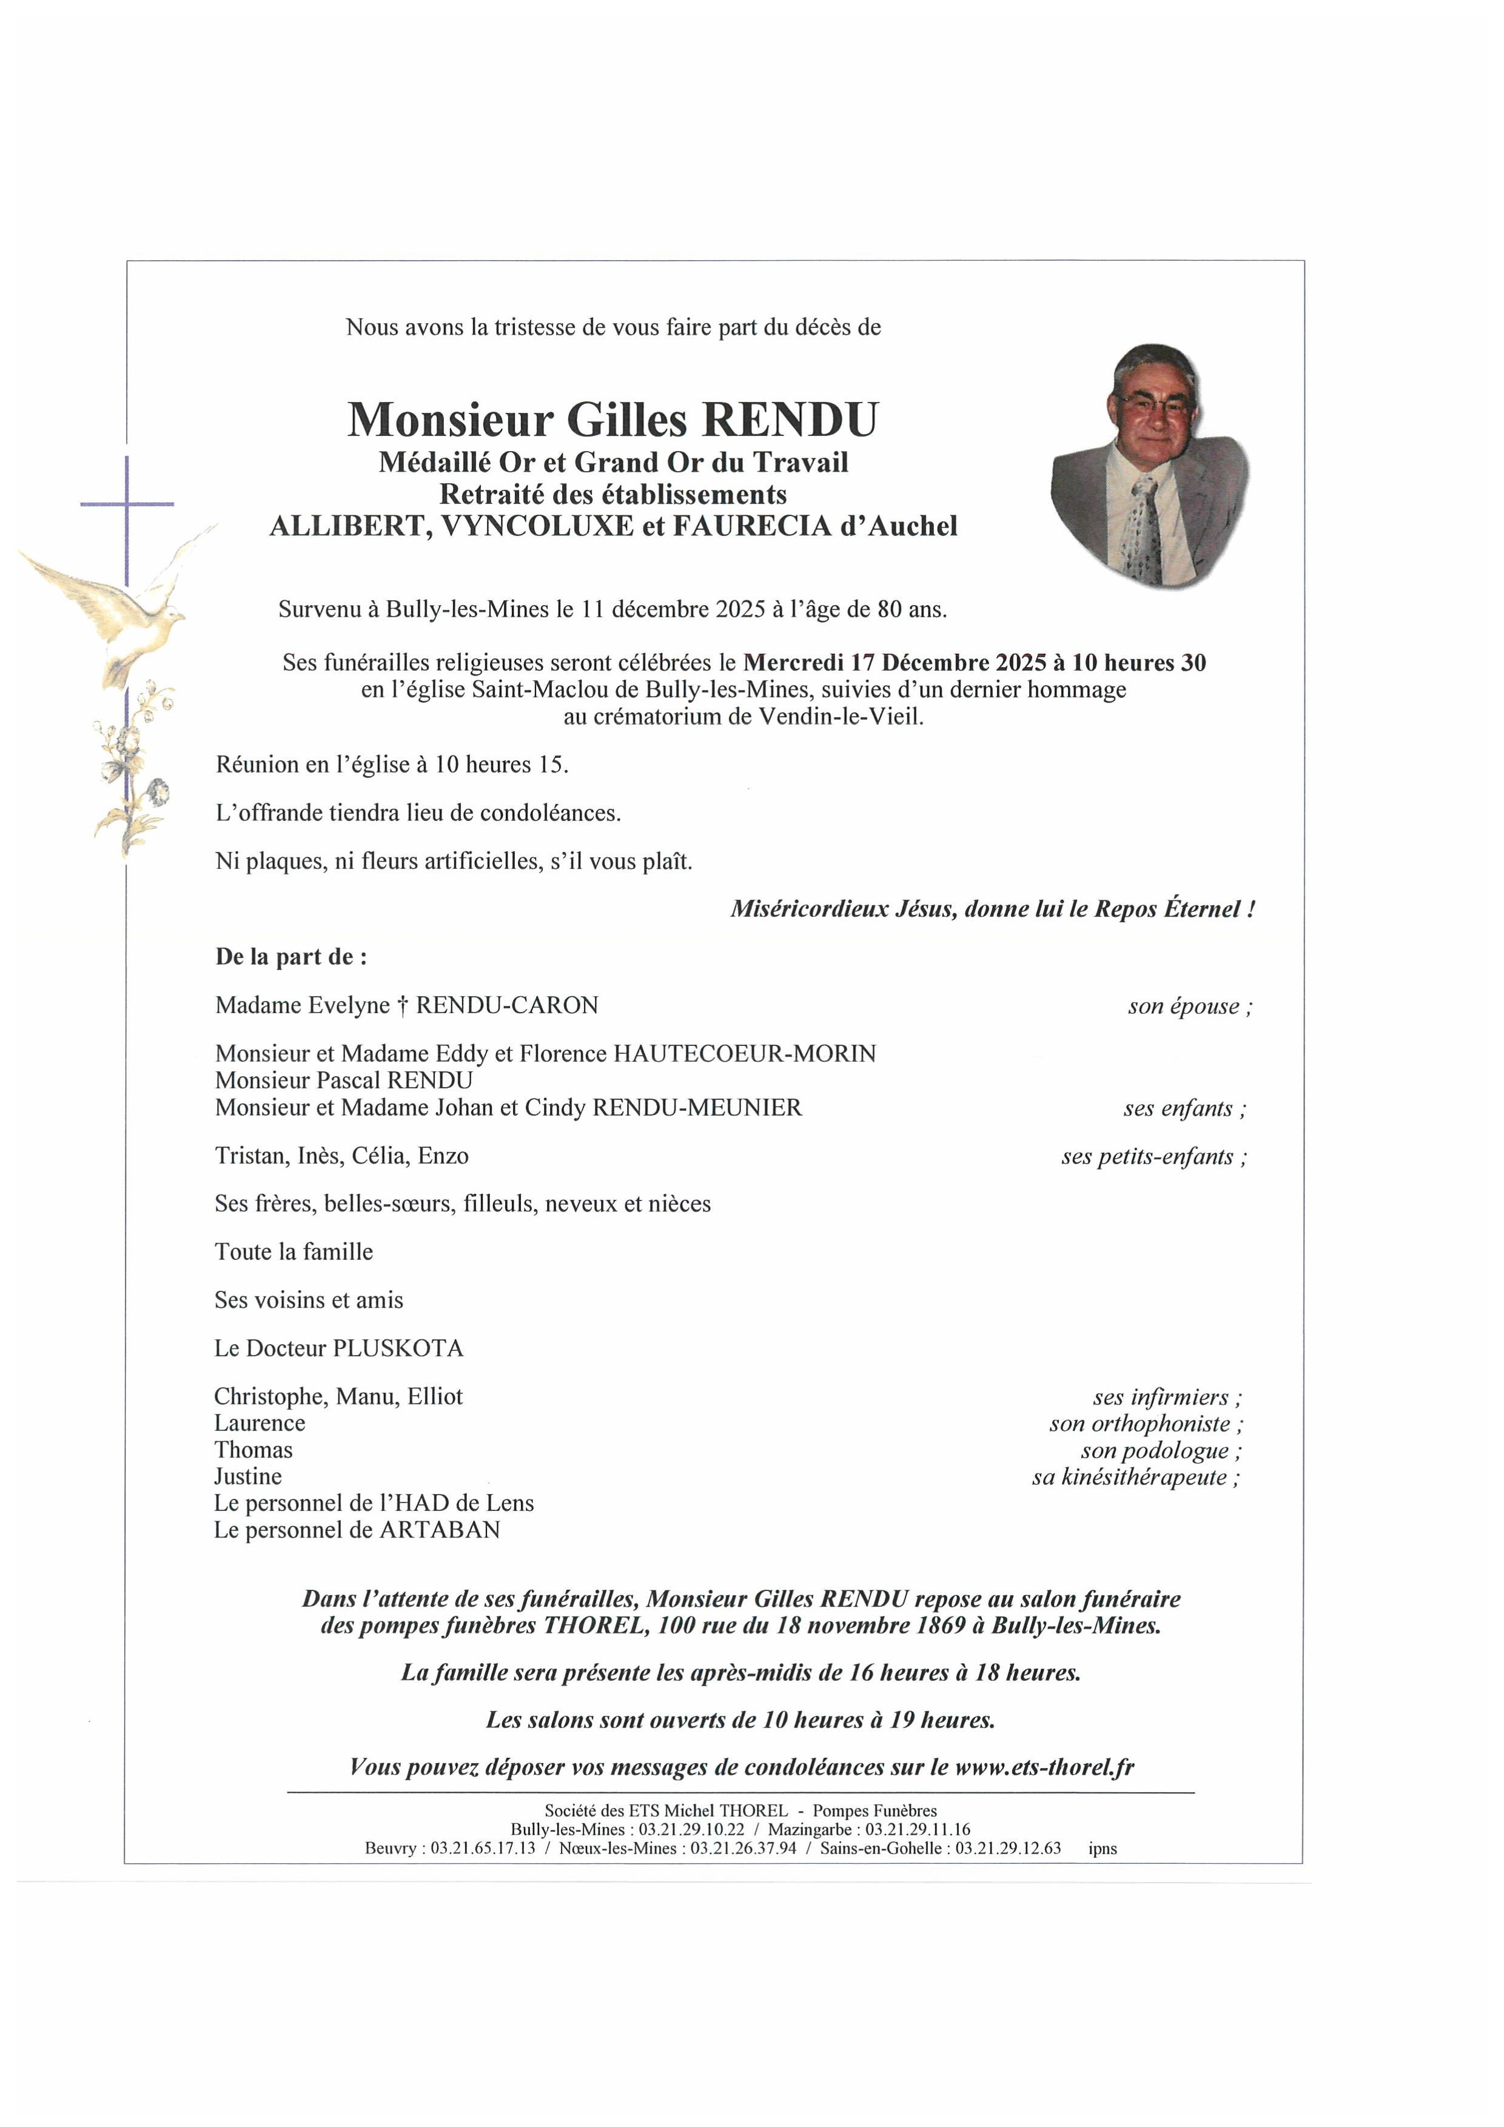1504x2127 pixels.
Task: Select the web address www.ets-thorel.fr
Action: pos(1044,1767)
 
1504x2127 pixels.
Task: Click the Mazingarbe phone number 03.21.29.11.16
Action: pos(918,1830)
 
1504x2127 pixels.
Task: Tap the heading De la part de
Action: pos(290,957)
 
